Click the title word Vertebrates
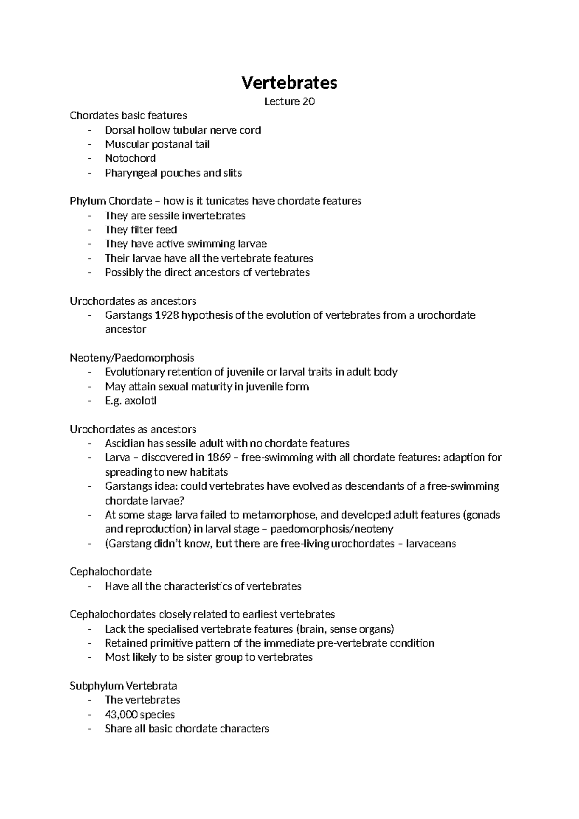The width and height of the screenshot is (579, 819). click(289, 83)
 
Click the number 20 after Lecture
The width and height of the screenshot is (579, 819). click(308, 101)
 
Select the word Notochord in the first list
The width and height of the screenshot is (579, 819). click(130, 158)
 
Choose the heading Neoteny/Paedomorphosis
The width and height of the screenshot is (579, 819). click(132, 358)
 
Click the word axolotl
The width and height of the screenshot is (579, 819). click(140, 401)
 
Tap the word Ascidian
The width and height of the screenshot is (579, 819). click(124, 443)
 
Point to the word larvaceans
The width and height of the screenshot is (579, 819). click(431, 544)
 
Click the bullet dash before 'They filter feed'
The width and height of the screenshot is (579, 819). click(89, 230)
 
